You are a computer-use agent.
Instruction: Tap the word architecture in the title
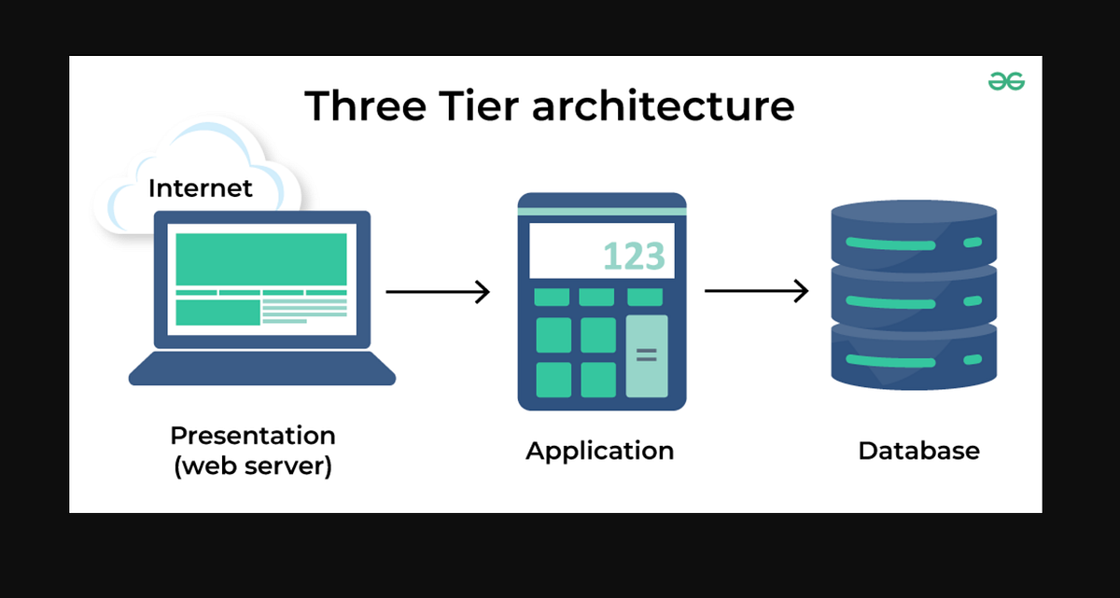click(x=663, y=105)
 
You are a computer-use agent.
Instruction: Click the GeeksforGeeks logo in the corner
click(x=1006, y=82)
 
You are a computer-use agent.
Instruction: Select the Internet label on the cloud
click(x=200, y=188)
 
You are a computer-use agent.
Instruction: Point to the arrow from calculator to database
click(x=755, y=292)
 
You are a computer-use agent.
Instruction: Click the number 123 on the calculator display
click(x=633, y=256)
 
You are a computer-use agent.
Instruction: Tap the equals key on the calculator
click(x=646, y=355)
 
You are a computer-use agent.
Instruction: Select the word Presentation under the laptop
click(x=252, y=436)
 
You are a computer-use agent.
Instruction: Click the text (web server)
click(x=252, y=466)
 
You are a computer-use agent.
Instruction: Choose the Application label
click(x=599, y=452)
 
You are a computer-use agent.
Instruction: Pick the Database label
click(x=918, y=452)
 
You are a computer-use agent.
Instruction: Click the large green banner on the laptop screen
click(x=260, y=259)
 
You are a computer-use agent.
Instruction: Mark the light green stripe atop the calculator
click(x=602, y=212)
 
